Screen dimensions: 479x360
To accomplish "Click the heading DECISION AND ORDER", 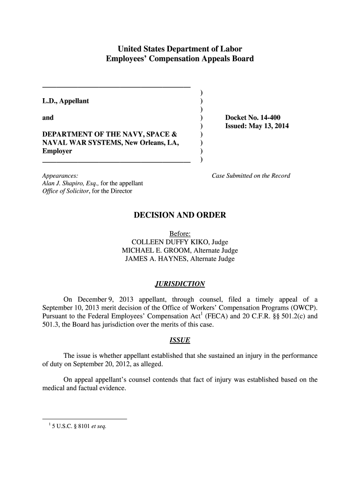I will coord(180,215).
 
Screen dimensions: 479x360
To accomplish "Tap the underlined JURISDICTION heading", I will coord(180,284).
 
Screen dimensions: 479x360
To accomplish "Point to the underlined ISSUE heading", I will coord(180,340).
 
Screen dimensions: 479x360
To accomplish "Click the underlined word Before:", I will coord(180,233).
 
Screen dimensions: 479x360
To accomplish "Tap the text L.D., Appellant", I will coord(65,101).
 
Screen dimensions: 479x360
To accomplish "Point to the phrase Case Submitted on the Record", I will coord(251,176).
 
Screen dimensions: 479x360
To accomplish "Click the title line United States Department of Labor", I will coord(180,49).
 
